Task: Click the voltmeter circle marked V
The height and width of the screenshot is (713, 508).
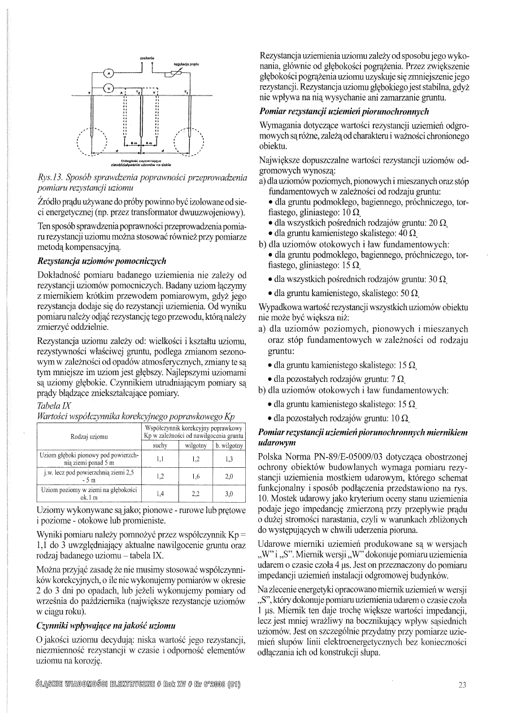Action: (x=109, y=88)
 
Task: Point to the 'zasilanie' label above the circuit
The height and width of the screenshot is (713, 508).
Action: (x=148, y=58)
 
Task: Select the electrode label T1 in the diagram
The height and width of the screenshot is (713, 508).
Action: (x=187, y=91)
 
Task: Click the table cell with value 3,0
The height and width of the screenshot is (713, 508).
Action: (x=229, y=493)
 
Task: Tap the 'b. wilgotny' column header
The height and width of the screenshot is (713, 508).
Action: (x=229, y=445)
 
